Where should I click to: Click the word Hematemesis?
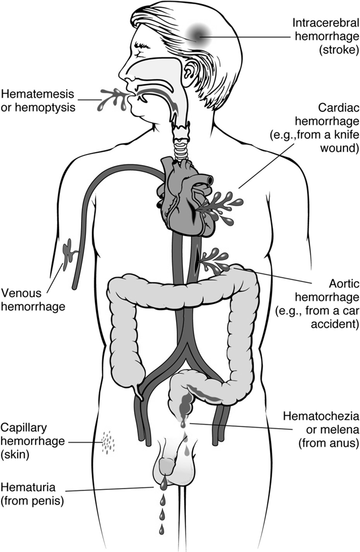pos(31,92)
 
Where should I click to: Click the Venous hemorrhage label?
pos(33,300)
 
